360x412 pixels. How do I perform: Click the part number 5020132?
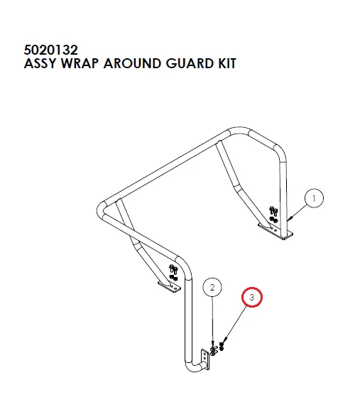50,50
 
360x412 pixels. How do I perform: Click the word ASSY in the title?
40,64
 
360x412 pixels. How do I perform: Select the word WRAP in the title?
80,64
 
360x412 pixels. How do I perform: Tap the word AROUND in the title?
132,64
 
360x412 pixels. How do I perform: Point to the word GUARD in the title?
190,64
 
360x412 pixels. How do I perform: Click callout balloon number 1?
314,198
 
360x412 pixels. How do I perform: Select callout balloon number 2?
212,288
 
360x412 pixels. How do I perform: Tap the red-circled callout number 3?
252,297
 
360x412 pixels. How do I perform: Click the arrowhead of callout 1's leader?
289,219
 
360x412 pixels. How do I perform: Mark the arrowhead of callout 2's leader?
212,347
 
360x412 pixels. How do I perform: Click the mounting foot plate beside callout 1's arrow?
276,232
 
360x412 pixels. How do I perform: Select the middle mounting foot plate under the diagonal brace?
170,287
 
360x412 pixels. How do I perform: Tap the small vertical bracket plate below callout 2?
205,359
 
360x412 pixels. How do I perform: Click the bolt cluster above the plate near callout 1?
273,214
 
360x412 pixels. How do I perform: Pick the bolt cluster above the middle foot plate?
173,273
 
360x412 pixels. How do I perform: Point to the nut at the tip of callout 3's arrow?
222,347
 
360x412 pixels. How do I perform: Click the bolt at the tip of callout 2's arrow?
214,351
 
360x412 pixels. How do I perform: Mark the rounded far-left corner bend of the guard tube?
100,211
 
